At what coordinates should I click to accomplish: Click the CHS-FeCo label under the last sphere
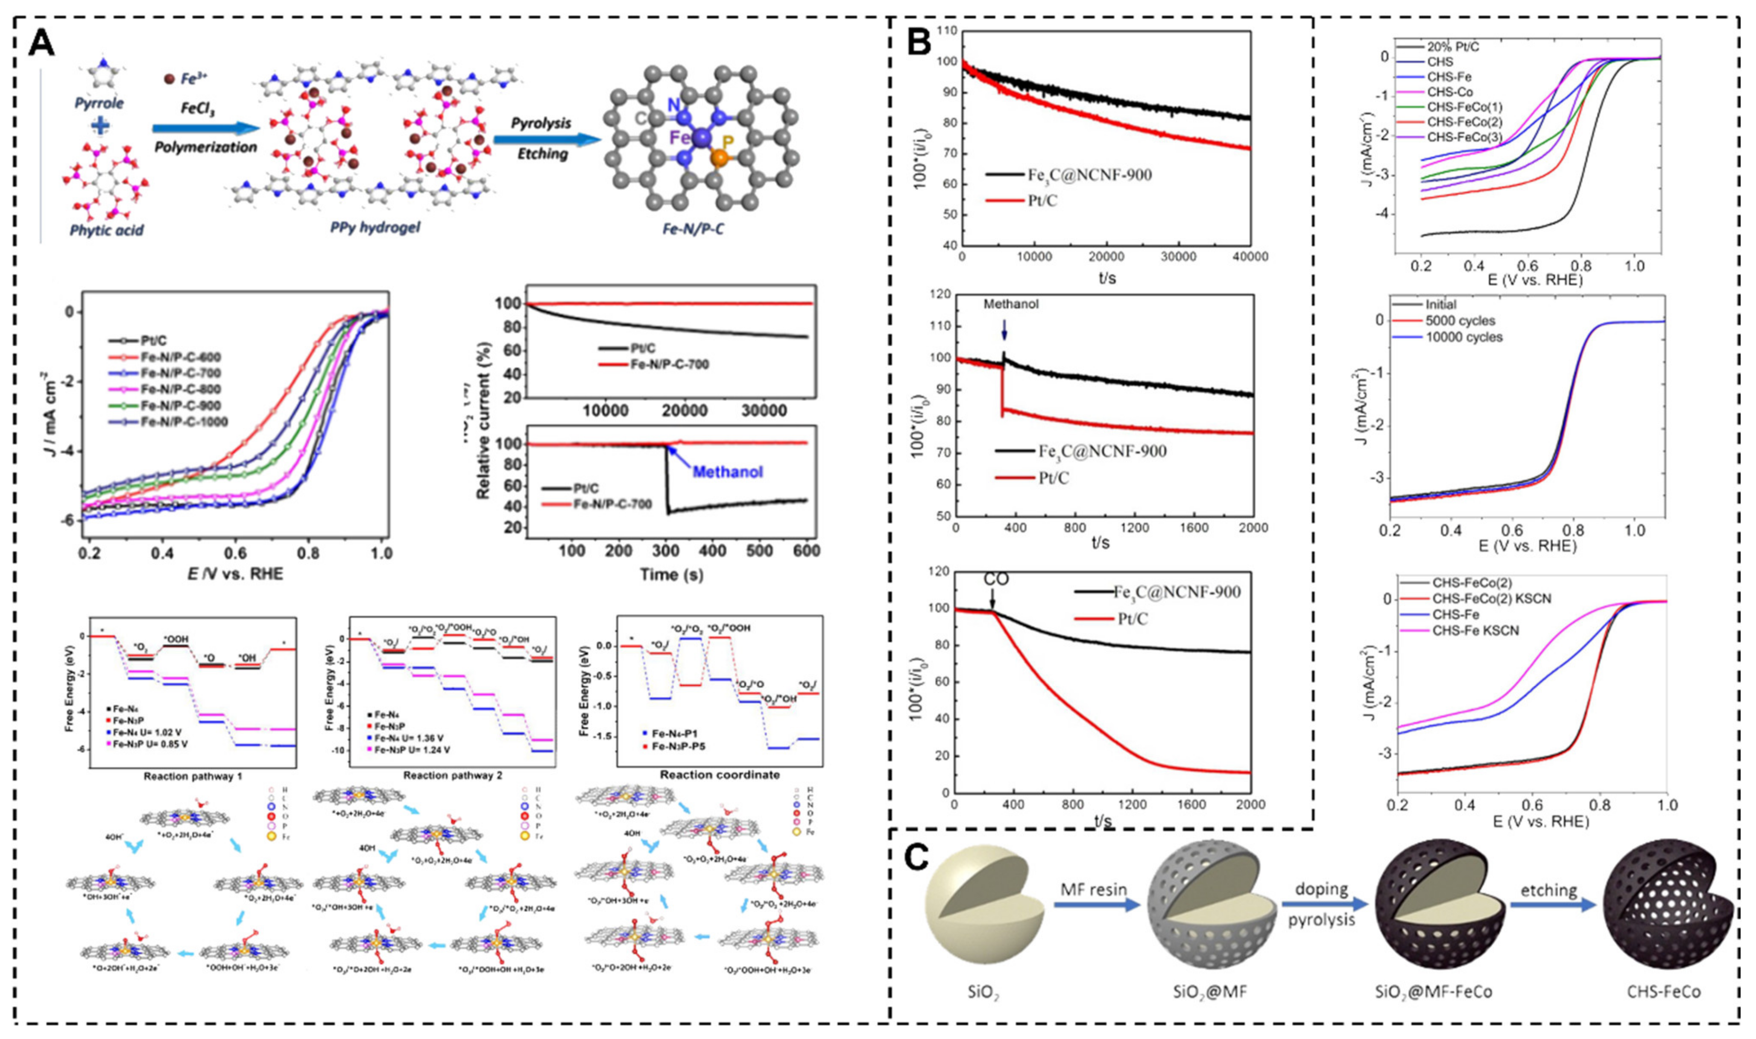[1668, 1010]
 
